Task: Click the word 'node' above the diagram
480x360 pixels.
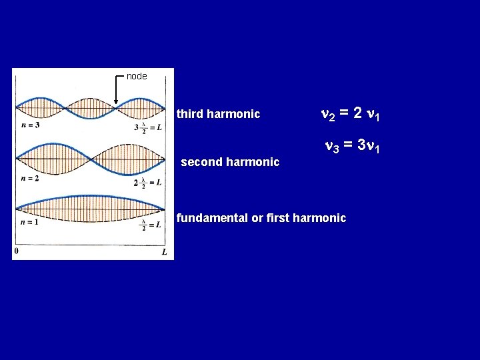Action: (137, 76)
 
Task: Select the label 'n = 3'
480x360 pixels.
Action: (29, 125)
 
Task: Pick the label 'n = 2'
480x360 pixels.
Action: (29, 179)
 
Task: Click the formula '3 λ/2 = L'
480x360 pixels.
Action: (149, 127)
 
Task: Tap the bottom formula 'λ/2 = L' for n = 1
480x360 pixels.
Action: (150, 225)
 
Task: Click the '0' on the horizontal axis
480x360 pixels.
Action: (16, 251)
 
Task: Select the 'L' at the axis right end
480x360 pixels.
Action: (164, 252)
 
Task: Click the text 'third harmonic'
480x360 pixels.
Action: (218, 114)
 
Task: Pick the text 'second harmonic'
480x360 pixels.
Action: (230, 162)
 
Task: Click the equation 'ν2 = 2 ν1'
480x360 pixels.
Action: (351, 114)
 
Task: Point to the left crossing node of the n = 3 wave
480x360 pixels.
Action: (65, 107)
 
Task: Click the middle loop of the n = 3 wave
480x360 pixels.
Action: (91, 107)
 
